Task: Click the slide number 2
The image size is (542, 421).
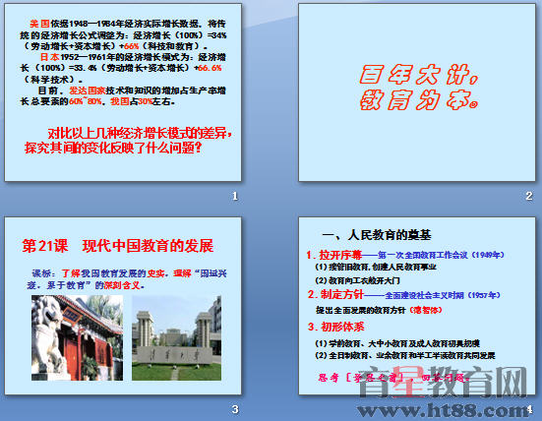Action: [x=528, y=197]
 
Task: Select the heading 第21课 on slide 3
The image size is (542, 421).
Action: [x=45, y=244]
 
